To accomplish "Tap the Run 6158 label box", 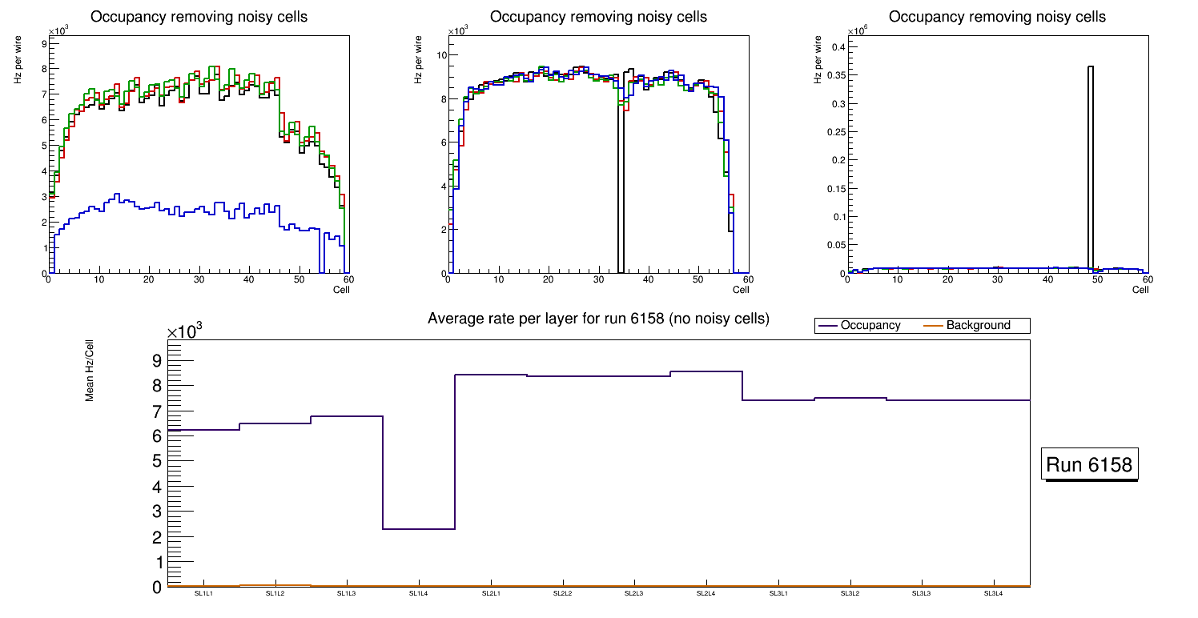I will pos(1090,464).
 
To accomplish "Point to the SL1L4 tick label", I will pos(419,594).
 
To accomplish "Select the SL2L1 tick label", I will pos(491,594).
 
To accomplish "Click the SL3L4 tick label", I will pos(994,594).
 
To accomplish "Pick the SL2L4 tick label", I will pos(706,594).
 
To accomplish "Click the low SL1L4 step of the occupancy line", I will pos(419,529).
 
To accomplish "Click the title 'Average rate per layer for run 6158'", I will pos(598,319).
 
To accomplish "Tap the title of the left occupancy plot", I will pos(199,17).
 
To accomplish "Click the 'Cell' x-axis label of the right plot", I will pos(1140,289).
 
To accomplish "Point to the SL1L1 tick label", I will pos(203,594).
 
